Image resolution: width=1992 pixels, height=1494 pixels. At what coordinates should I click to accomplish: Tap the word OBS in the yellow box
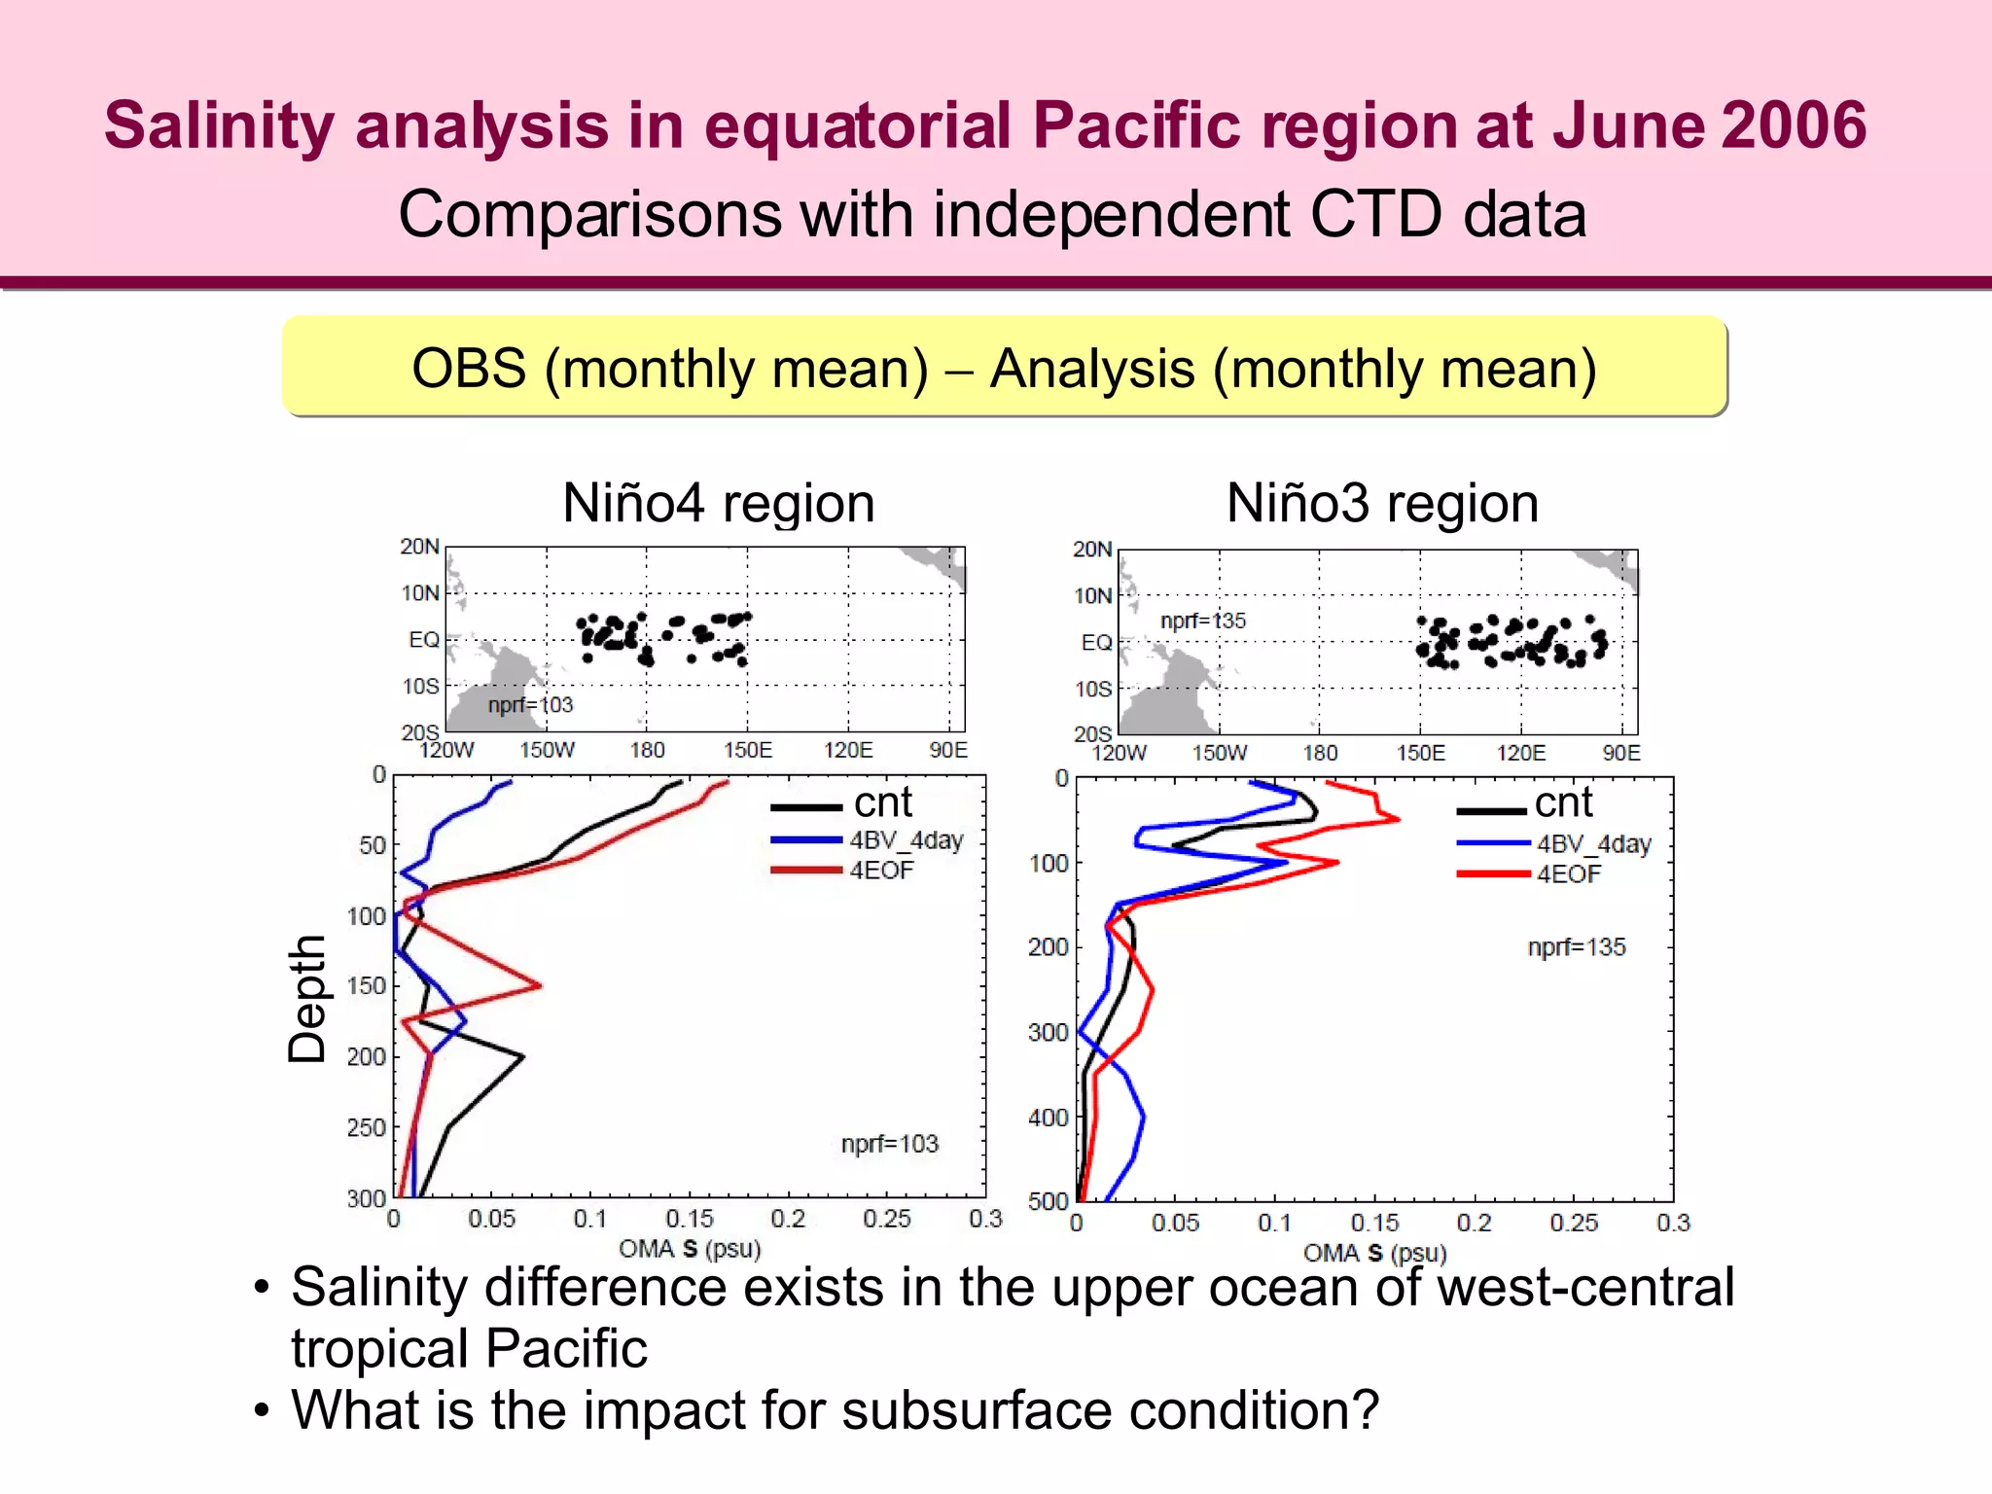(x=469, y=370)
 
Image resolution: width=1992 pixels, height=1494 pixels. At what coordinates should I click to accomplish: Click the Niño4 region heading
(x=719, y=504)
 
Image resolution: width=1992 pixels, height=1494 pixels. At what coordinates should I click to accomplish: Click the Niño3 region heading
(x=1382, y=504)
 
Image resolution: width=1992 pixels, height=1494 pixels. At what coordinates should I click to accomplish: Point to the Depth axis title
(x=307, y=999)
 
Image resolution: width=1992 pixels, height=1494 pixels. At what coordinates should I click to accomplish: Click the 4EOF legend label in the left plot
(x=881, y=871)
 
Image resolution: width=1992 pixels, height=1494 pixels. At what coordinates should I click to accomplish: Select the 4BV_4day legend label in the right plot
(x=1593, y=844)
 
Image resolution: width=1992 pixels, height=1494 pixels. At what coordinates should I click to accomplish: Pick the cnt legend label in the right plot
(x=1563, y=803)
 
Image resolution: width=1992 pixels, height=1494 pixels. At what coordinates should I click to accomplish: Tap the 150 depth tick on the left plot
(x=367, y=986)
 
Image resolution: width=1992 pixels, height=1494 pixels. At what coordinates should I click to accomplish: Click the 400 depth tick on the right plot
(x=1048, y=1119)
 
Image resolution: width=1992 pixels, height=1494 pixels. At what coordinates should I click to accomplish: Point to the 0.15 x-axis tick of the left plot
(x=689, y=1219)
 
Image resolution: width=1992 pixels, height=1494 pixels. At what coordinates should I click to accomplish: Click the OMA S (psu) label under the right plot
(x=1374, y=1253)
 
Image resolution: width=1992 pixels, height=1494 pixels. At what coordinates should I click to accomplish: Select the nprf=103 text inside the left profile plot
(x=889, y=1144)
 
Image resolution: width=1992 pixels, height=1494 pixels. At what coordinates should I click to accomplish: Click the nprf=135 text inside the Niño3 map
(x=1202, y=621)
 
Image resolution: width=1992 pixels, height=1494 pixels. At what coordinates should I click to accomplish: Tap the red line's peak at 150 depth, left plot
(x=540, y=985)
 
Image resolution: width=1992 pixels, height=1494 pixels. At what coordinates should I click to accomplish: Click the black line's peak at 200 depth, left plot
(x=523, y=1056)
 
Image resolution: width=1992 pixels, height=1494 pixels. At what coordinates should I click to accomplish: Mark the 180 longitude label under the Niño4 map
(x=647, y=751)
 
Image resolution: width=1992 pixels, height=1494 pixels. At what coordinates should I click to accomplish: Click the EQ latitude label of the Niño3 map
(x=1095, y=643)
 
